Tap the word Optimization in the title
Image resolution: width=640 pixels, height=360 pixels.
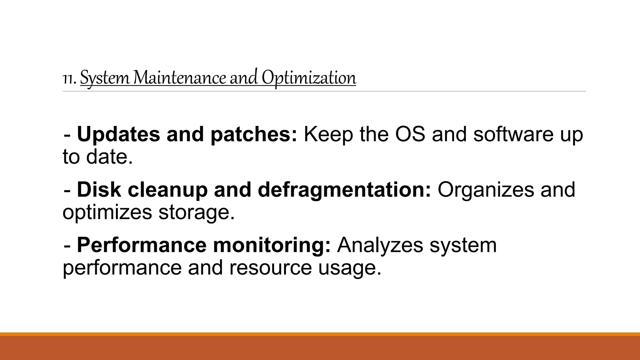coord(309,78)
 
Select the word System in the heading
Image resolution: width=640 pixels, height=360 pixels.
coord(104,78)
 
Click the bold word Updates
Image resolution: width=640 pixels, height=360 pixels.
coord(118,134)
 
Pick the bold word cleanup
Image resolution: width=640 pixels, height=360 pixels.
coord(167,190)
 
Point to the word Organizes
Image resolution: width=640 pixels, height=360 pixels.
coord(486,190)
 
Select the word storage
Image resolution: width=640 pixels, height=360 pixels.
coord(197,212)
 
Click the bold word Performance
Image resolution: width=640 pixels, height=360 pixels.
coord(142,245)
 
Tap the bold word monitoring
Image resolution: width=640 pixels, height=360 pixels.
coord(272,246)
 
